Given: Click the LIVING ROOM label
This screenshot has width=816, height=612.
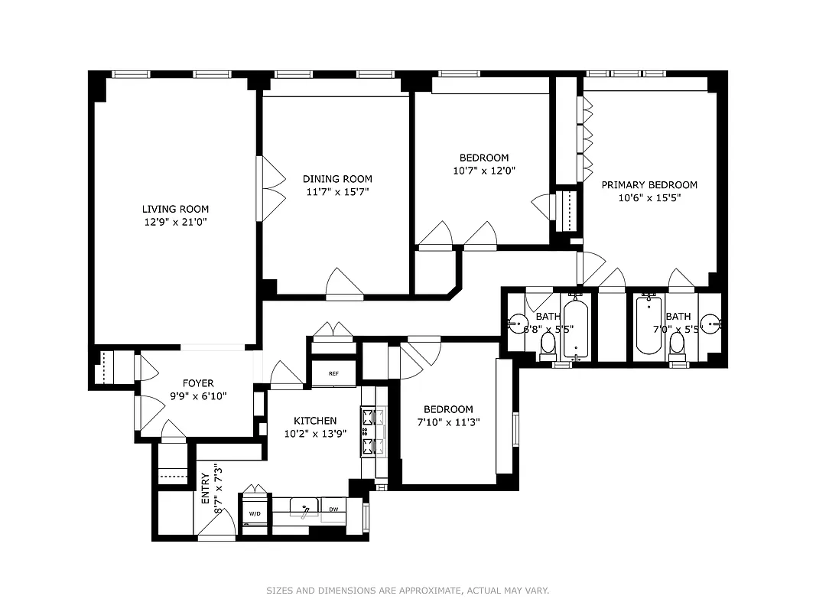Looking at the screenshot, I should point(175,209).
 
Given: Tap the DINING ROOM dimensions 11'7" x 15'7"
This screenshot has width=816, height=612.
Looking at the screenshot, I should point(337,192).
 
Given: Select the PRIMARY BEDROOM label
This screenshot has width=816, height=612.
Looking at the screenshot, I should point(649,185).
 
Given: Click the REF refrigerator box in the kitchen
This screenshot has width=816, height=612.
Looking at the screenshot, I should point(333,374).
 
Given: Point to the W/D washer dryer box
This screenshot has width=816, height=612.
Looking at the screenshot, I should point(254,513).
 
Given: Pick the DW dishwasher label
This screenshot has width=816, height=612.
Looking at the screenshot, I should point(333,509).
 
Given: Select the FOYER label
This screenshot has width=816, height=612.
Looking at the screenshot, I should point(198,383).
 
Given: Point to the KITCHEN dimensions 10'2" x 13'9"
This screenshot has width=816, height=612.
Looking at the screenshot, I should point(315,432).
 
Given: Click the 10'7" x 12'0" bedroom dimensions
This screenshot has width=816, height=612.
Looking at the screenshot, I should point(484,171).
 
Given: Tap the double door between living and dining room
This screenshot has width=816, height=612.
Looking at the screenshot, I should point(268,188).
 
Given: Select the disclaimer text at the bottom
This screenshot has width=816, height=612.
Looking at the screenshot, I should point(408,591).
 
